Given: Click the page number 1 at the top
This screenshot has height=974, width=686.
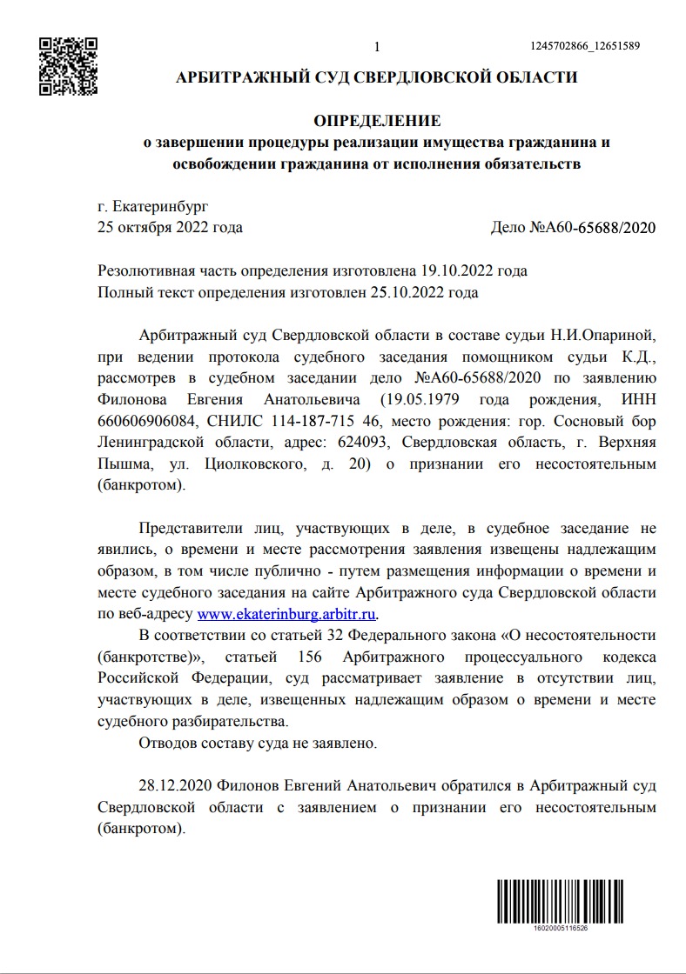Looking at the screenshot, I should [377, 46].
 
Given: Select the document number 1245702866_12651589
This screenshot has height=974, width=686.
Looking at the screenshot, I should [585, 46].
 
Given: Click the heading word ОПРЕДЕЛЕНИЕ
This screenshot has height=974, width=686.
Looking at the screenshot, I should [377, 120].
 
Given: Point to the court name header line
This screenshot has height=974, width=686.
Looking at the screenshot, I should [377, 77].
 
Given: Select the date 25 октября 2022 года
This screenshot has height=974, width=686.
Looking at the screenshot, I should [171, 228].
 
